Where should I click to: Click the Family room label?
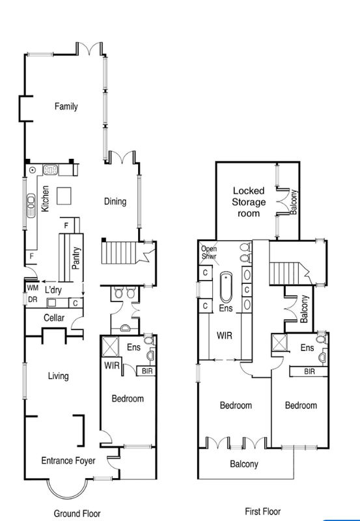coord(66,106)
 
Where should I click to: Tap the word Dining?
coord(115,201)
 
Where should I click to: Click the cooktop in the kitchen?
coord(51,170)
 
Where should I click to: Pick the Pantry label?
coord(77,257)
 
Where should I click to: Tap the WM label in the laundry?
coord(32,287)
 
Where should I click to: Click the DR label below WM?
coord(32,300)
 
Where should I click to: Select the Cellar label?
coord(53,317)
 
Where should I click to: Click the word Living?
coord(58,376)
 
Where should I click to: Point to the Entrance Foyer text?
coord(68,461)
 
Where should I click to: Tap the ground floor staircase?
coord(118,253)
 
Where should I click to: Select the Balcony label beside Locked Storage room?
coord(294,202)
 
